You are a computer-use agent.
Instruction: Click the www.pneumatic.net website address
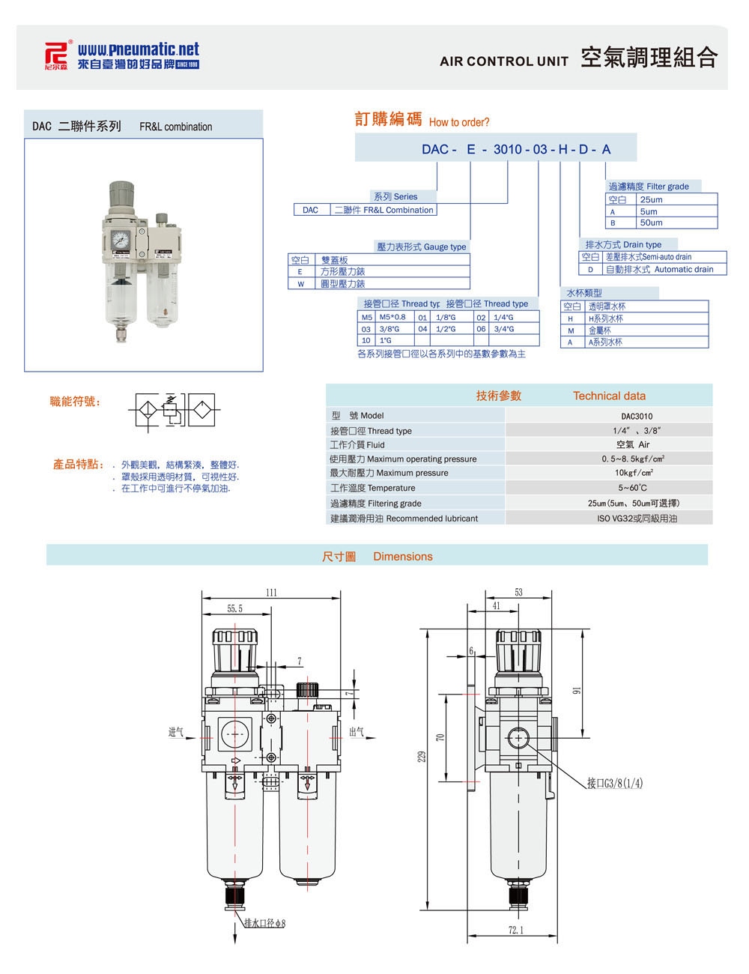tap(139, 49)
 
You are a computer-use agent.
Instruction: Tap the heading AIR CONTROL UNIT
tap(503, 61)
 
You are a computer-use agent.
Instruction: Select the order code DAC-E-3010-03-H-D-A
tap(516, 149)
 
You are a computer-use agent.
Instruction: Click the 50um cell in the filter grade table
tap(651, 223)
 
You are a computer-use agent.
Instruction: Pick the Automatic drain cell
tap(659, 269)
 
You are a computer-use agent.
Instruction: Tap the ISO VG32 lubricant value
tap(637, 518)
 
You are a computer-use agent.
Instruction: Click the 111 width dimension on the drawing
tap(271, 593)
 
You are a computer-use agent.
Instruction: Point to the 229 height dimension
tap(421, 757)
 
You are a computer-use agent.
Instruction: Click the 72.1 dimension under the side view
tap(516, 931)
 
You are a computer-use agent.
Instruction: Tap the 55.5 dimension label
tap(235, 609)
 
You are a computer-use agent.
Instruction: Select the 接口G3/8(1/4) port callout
tap(614, 784)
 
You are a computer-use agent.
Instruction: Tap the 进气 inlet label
tap(176, 732)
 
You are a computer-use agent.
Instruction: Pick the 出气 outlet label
tap(357, 732)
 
